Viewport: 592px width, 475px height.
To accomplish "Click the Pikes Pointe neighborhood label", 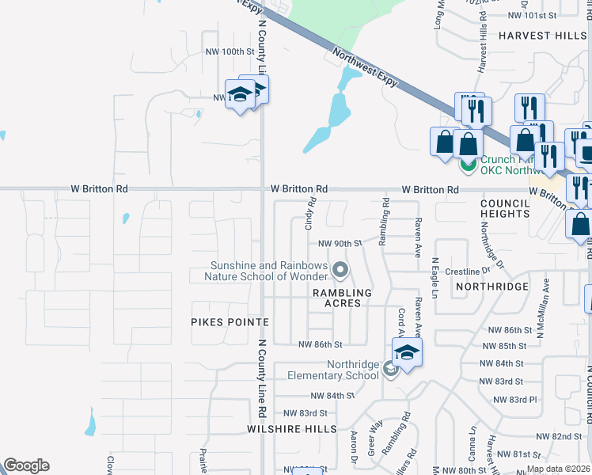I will pos(230,322).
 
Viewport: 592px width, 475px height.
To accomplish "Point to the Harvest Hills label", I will pos(542,36).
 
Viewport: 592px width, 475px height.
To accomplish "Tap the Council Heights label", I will pos(504,208).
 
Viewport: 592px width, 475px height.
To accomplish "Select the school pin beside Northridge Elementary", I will pos(407,352).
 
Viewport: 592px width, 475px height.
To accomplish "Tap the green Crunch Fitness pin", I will pos(468,164).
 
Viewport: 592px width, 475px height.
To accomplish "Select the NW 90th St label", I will pos(340,243).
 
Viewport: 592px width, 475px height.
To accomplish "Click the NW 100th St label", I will pos(230,51).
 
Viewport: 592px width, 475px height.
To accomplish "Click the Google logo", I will pos(26,465).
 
